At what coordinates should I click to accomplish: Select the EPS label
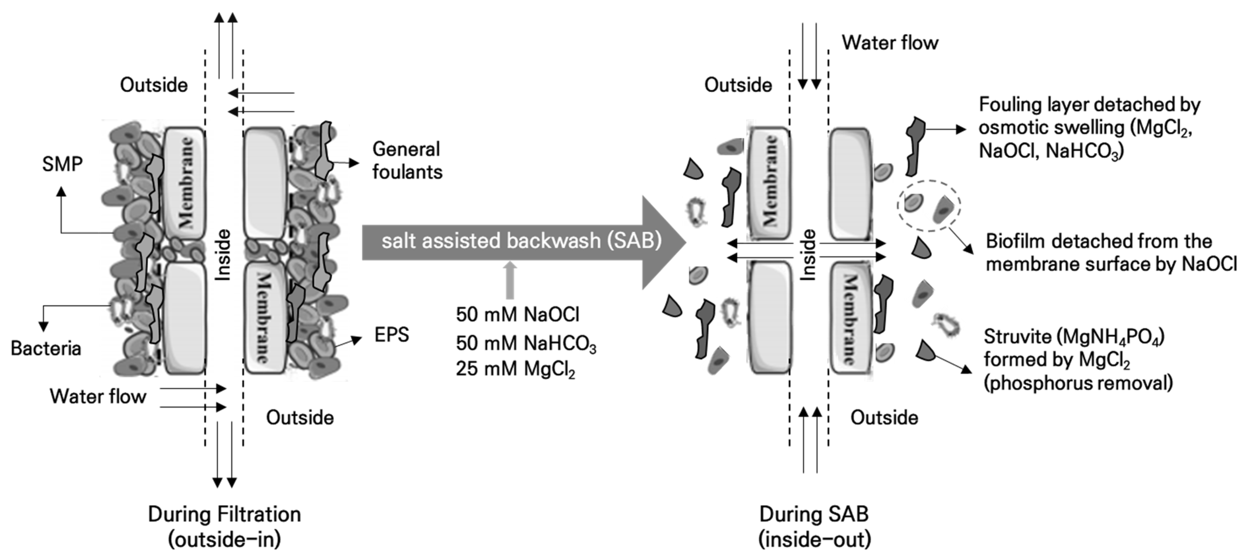point(392,334)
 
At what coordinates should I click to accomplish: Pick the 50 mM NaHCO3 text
point(525,343)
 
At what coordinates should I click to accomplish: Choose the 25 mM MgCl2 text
point(515,369)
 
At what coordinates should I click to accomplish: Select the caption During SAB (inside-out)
point(814,526)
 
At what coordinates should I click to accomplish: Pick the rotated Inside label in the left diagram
point(223,254)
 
